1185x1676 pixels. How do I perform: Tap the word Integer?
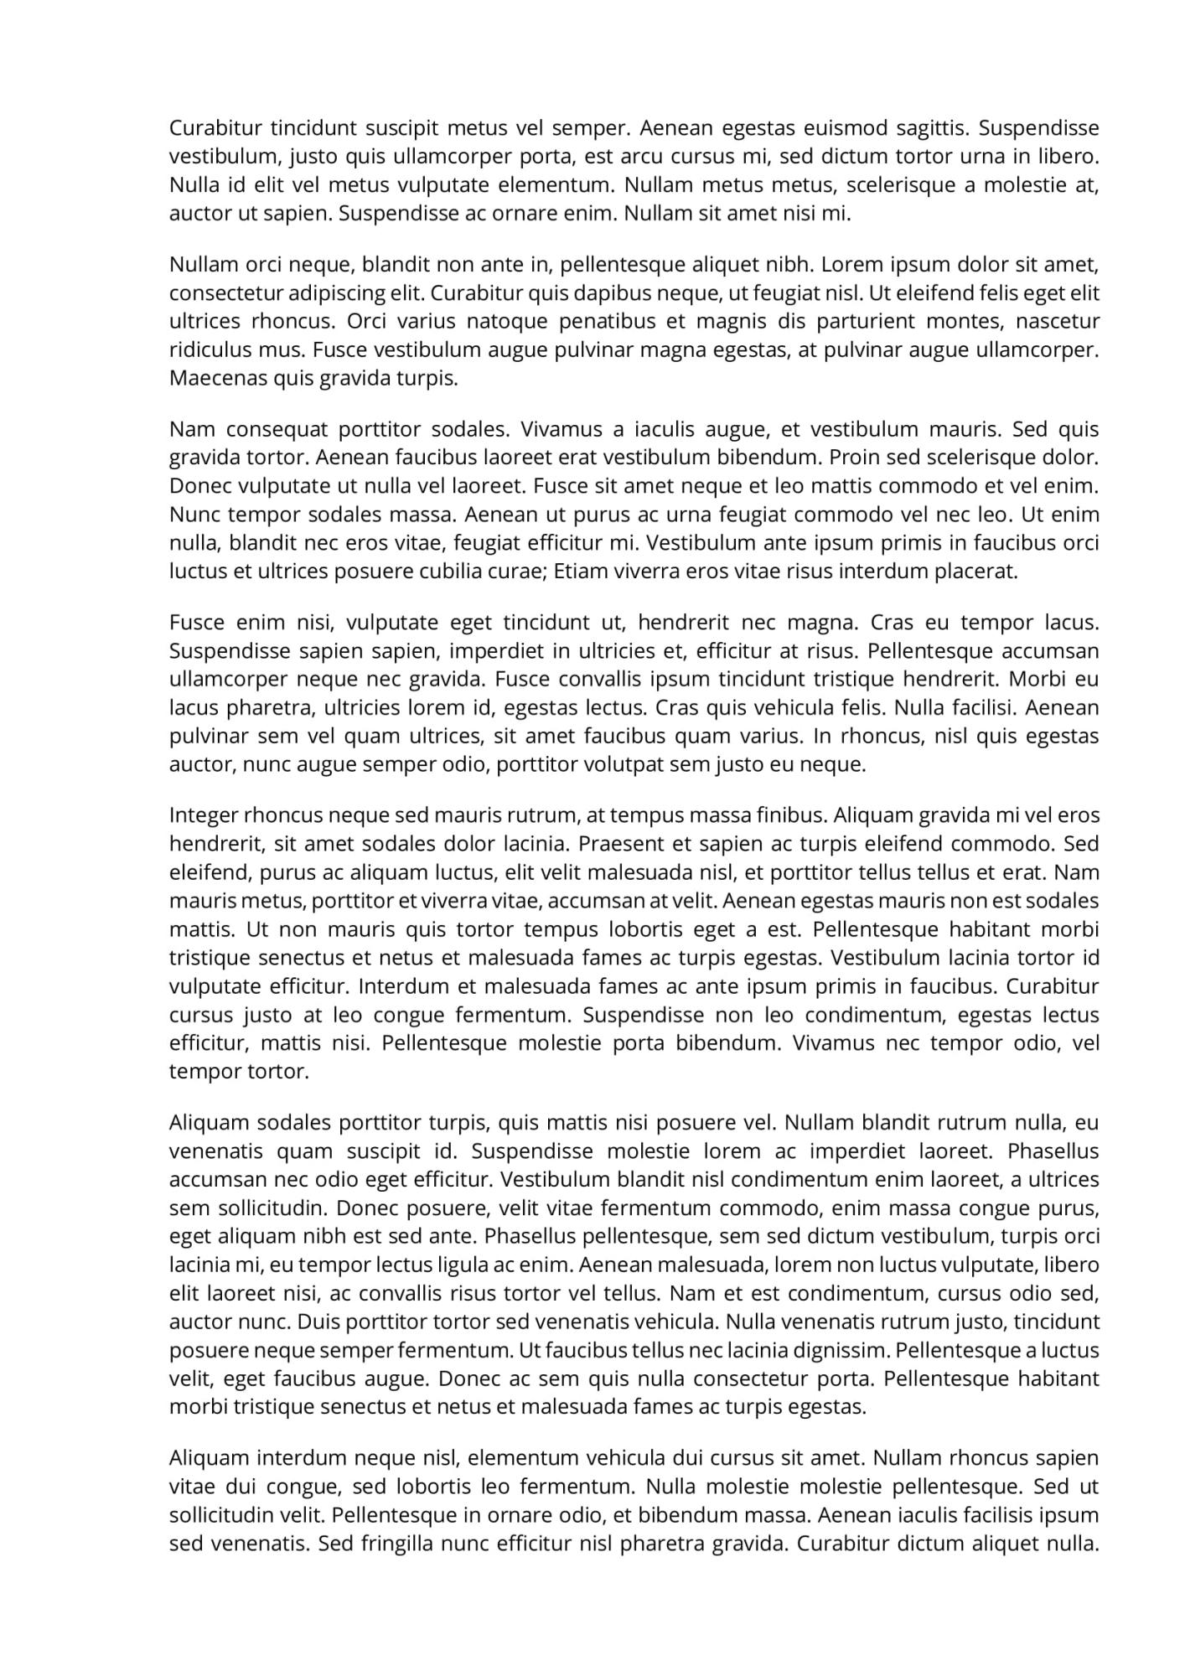203,815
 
